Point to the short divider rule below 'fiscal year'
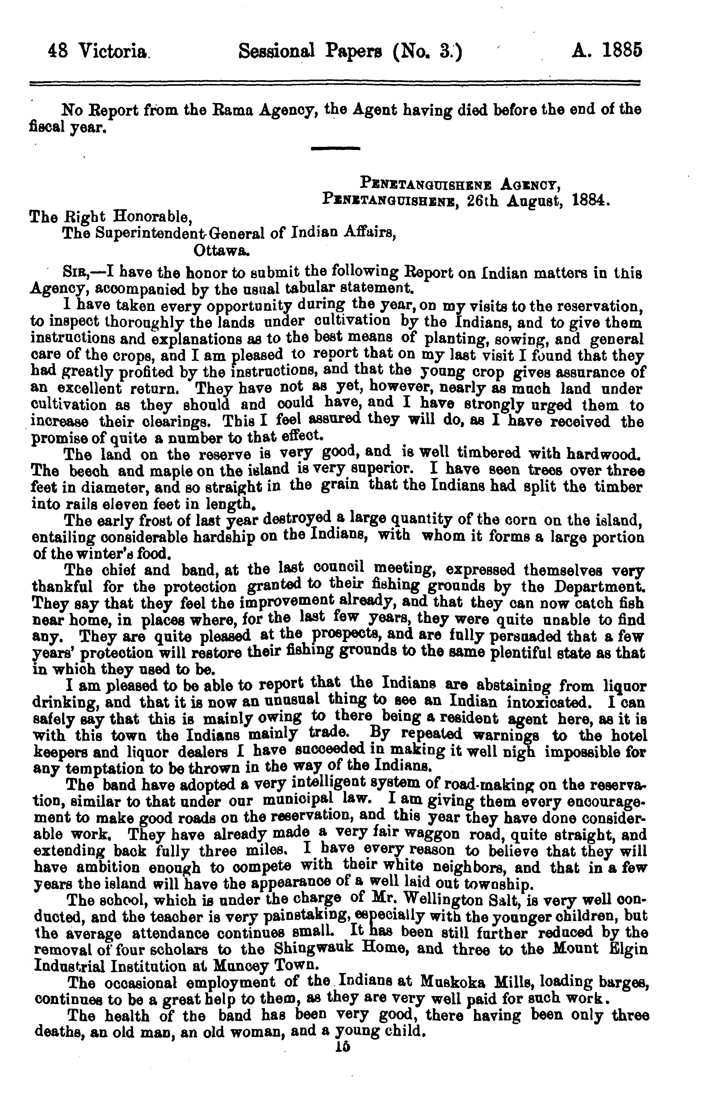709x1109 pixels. coord(335,149)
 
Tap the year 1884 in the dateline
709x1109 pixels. coord(590,201)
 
